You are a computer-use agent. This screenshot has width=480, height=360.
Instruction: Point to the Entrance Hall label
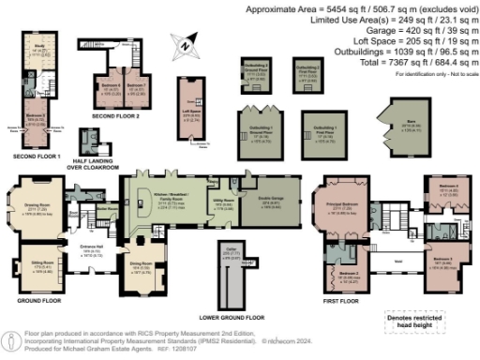91,251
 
